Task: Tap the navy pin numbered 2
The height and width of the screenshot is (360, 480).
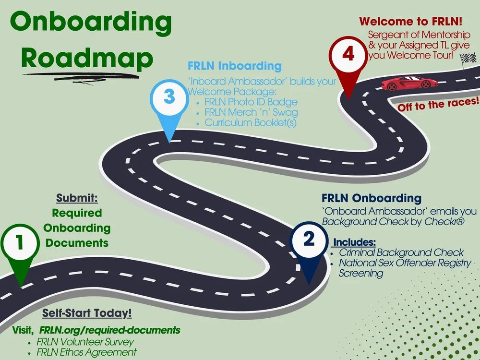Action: pos(309,240)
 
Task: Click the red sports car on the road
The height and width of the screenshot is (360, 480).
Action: pos(409,83)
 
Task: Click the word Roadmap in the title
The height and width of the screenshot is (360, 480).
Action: pos(87,58)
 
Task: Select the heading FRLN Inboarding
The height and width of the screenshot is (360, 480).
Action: pos(234,66)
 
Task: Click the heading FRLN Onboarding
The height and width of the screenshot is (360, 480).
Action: pos(371,198)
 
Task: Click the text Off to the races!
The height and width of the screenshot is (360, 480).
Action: pos(438,104)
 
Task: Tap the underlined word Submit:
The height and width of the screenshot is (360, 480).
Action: pos(77,198)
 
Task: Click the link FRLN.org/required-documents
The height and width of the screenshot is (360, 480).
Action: pos(110,330)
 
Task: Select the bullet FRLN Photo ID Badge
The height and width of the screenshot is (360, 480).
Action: pos(251,102)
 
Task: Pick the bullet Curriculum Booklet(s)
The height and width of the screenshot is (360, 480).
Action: pos(250,123)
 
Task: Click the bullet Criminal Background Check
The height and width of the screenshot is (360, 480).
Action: pos(401,252)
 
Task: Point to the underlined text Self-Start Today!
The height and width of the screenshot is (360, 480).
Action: pos(87,313)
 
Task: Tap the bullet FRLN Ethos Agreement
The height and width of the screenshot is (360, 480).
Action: pos(86,352)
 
